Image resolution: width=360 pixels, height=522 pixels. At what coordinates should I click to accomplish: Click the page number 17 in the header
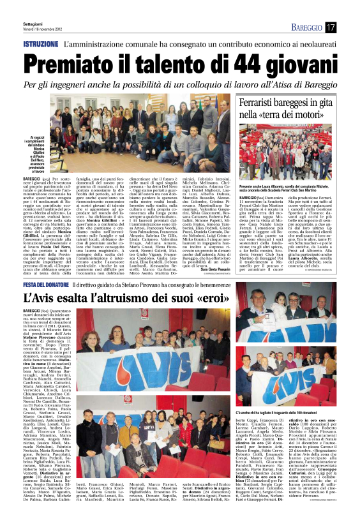[x=330, y=27]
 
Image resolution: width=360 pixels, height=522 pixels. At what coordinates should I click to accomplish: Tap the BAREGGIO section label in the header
[x=307, y=27]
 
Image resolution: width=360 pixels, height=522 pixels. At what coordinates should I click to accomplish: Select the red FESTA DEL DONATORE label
[x=45, y=284]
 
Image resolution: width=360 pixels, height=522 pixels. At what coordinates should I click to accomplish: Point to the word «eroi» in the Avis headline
[x=210, y=298]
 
